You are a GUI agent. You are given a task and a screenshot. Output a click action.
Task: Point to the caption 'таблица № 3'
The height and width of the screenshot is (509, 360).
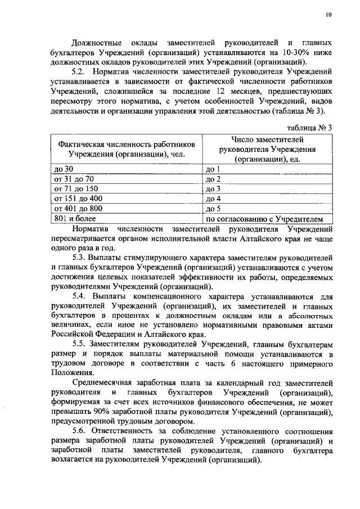[309, 127]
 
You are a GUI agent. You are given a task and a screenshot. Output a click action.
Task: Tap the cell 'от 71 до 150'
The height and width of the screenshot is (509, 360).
[75, 188]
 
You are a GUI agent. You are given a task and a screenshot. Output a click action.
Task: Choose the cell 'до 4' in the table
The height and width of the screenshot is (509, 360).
[214, 199]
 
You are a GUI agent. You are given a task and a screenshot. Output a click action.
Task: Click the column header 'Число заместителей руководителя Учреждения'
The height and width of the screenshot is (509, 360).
[267, 149]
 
